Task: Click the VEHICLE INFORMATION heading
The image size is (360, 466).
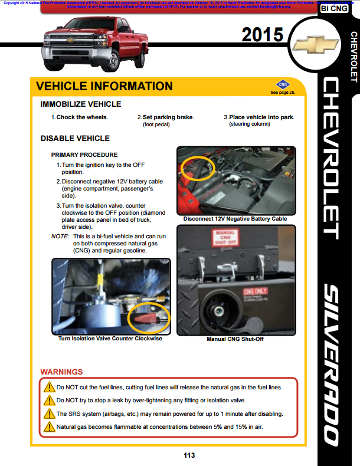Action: (104, 86)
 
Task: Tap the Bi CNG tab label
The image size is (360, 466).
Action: (333, 9)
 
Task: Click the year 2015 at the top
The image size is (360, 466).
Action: (263, 35)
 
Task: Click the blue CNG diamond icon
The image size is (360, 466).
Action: (282, 84)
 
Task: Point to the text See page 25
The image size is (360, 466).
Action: (282, 93)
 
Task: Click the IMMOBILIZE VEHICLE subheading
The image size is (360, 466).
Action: (80, 104)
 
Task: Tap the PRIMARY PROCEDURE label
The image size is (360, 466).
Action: (84, 155)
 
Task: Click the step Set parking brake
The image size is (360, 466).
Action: (165, 117)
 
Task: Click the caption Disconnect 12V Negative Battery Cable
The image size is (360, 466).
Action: (235, 219)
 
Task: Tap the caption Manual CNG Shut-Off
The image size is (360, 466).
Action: (235, 339)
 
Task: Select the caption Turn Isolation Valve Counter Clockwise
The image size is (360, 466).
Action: (110, 339)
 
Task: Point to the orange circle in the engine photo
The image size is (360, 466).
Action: (198, 168)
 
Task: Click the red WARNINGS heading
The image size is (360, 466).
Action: (61, 372)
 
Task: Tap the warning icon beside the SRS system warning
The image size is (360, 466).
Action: (50, 414)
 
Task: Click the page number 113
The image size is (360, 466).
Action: (189, 455)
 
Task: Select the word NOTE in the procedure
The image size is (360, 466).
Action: (60, 236)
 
